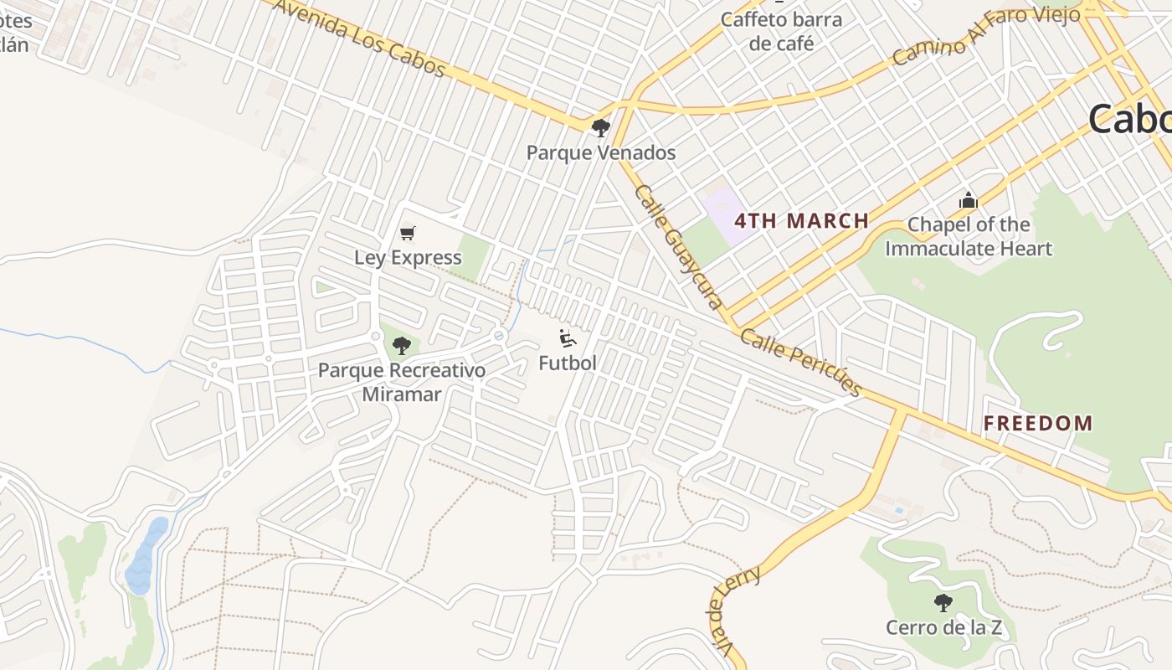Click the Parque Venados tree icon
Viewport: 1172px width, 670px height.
pyautogui.click(x=600, y=128)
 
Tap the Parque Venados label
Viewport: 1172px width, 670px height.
pyautogui.click(x=600, y=152)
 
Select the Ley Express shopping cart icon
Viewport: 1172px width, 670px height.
pyautogui.click(x=408, y=234)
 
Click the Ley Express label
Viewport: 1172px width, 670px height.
pyautogui.click(x=408, y=257)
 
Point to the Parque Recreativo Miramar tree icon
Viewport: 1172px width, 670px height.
pyautogui.click(x=402, y=345)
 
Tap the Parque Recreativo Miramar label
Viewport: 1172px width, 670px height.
pyautogui.click(x=402, y=382)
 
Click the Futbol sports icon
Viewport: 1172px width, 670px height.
pyautogui.click(x=568, y=339)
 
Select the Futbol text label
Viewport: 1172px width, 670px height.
pyautogui.click(x=568, y=363)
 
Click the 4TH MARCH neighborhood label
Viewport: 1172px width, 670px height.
pyautogui.click(x=801, y=221)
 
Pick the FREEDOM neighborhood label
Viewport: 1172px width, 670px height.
pyautogui.click(x=1038, y=423)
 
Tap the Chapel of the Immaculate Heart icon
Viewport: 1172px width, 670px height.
pyautogui.click(x=969, y=201)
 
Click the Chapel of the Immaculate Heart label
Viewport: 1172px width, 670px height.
pyautogui.click(x=969, y=236)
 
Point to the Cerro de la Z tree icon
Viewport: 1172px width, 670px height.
pyautogui.click(x=943, y=602)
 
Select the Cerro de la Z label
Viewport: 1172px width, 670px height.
pyautogui.click(x=943, y=627)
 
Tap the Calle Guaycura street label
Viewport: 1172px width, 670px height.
pyautogui.click(x=678, y=246)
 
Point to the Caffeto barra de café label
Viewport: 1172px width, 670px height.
pyautogui.click(x=781, y=31)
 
